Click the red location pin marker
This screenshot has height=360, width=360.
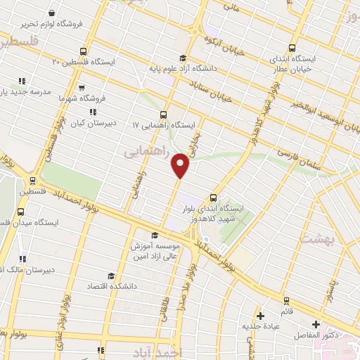click(x=181, y=166)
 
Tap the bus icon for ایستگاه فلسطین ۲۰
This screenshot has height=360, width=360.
click(x=84, y=51)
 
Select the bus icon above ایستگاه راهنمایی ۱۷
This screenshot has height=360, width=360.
click(x=164, y=114)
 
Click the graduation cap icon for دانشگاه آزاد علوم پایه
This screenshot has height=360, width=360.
click(x=183, y=58)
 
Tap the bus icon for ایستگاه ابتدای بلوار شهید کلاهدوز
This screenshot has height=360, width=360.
click(x=214, y=198)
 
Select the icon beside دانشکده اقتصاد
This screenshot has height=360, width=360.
click(x=110, y=276)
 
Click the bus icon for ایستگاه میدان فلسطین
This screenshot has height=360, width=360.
click(x=20, y=211)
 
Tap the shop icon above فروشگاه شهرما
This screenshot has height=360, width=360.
click(x=83, y=89)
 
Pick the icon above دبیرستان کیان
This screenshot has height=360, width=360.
click(x=92, y=111)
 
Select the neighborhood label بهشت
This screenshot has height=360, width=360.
click(x=314, y=239)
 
